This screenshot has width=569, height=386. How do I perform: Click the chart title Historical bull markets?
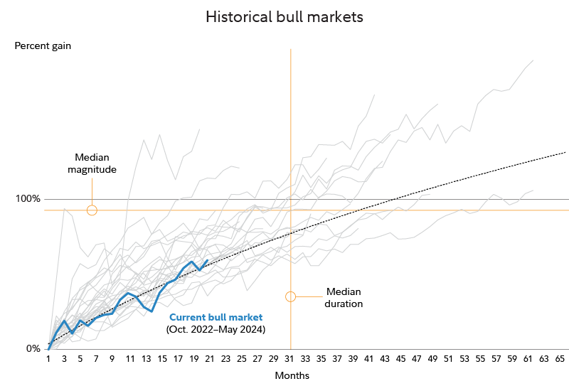tap(284, 17)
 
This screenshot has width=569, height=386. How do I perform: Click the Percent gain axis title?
tap(43, 46)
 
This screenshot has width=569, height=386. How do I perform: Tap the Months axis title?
tap(292, 375)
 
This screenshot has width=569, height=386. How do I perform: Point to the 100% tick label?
tap(28, 198)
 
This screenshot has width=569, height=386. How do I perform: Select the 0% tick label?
tap(33, 348)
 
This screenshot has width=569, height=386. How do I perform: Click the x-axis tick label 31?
tap(290, 358)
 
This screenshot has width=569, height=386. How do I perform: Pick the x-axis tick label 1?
tap(48, 358)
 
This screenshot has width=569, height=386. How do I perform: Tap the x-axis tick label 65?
tap(560, 358)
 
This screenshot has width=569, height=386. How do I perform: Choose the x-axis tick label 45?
tap(400, 358)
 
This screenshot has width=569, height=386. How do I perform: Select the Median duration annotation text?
tap(344, 298)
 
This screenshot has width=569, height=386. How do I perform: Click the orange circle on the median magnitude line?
tap(92, 210)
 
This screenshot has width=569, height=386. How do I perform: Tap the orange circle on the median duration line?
tap(290, 296)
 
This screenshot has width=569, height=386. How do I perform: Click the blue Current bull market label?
tap(216, 317)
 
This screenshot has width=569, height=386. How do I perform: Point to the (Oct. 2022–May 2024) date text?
tap(216, 330)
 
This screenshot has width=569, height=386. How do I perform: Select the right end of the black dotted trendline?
tap(566, 151)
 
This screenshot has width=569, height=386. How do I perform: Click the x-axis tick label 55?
tap(480, 358)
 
